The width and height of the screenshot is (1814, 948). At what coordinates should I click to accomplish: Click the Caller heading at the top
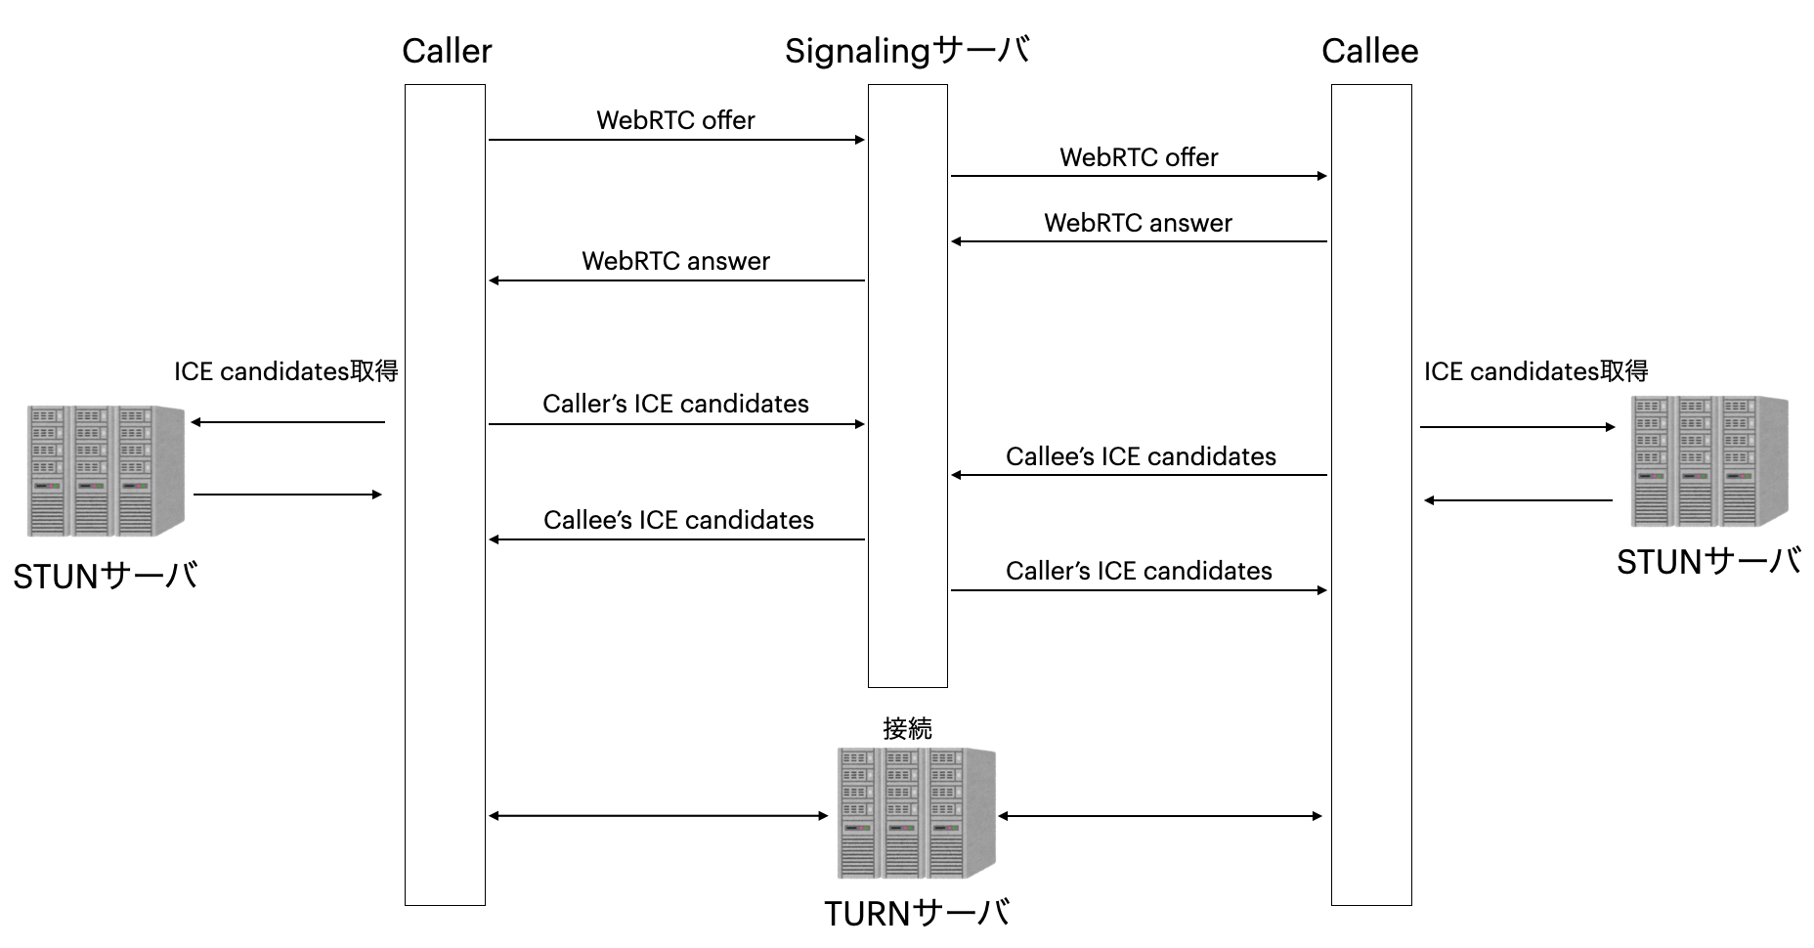coord(447,51)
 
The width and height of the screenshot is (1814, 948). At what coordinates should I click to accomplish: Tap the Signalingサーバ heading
coord(907,51)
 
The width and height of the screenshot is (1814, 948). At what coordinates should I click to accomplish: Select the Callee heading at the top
coord(1369,51)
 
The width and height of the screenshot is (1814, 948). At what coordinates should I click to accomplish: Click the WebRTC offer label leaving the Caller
coord(675,120)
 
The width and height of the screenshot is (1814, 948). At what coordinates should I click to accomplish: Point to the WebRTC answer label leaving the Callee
coord(1138,223)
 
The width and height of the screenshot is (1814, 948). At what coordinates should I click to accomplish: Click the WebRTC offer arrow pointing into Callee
coord(1139,176)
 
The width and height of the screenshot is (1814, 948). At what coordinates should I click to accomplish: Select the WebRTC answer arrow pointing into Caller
coord(676,280)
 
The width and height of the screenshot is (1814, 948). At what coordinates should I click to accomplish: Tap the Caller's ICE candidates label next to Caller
coord(675,404)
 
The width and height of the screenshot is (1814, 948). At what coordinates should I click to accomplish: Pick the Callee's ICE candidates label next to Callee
coord(1141,456)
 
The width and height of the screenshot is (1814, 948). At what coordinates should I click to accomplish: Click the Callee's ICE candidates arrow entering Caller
coord(676,539)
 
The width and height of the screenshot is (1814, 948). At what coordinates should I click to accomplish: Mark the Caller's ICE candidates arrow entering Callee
coord(1139,590)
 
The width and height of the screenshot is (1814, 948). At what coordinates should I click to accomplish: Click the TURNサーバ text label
coord(917,914)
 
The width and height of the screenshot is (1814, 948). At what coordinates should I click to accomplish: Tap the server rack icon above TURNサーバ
coord(917,813)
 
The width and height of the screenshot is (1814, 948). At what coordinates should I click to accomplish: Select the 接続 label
coord(907,728)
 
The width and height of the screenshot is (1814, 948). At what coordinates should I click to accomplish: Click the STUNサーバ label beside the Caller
coord(106,577)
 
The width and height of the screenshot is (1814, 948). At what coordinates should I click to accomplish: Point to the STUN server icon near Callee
coord(1709,461)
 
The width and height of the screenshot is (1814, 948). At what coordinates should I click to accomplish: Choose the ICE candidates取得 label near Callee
coord(1535,371)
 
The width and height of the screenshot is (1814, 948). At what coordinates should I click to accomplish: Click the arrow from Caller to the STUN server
coord(288,422)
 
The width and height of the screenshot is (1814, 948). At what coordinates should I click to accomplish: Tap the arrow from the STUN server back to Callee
coord(1518,500)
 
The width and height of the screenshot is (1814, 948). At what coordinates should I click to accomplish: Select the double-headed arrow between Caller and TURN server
coord(658,816)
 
